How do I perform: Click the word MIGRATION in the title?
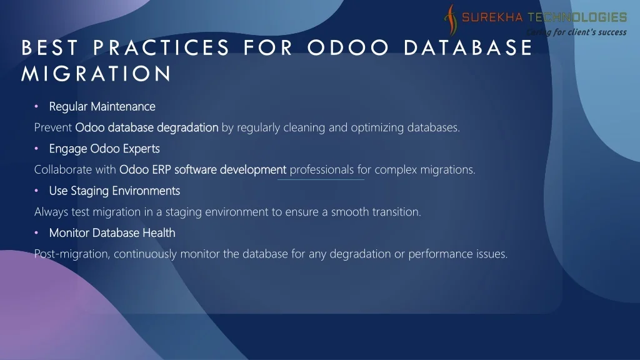click(96, 74)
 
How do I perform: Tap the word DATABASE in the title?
click(468, 47)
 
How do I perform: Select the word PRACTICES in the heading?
click(161, 47)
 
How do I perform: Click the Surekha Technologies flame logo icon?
click(451, 19)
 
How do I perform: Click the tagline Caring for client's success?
click(576, 32)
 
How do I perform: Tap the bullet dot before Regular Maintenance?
click(36, 106)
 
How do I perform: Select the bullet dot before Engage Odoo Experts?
click(36, 149)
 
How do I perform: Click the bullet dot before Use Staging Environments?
click(36, 191)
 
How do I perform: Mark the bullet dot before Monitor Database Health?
click(36, 232)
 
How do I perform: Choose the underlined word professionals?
click(322, 170)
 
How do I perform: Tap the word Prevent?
click(53, 127)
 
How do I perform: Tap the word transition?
click(396, 212)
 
